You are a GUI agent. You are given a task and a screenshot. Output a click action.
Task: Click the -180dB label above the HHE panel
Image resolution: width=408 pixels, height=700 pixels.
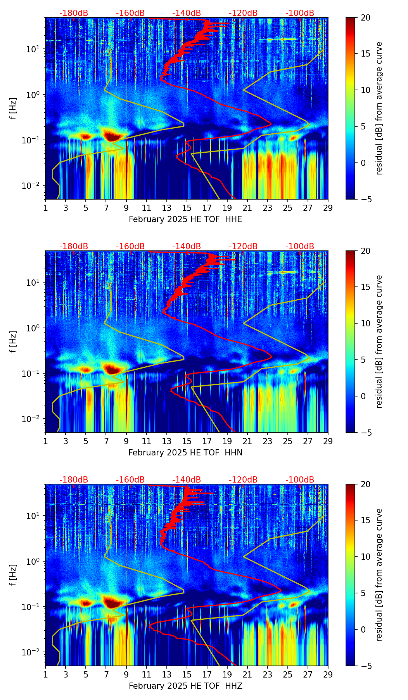[x=74, y=13]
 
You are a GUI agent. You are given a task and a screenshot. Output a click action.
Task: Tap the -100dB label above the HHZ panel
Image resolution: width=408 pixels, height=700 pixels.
[x=300, y=480]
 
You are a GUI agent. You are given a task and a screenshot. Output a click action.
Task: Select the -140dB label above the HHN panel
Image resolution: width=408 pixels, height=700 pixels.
[x=187, y=247]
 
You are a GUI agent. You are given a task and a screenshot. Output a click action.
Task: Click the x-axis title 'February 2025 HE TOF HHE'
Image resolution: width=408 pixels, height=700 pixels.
[x=185, y=219]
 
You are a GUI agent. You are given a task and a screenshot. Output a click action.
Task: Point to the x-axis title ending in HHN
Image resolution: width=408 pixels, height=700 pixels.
[x=185, y=453]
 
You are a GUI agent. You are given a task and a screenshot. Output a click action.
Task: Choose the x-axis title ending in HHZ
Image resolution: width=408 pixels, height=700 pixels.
[x=185, y=686]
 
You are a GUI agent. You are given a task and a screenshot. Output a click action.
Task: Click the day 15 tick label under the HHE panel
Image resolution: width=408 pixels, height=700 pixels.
[x=187, y=208]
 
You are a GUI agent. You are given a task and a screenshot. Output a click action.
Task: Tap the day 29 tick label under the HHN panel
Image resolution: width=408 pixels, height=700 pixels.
[x=328, y=441]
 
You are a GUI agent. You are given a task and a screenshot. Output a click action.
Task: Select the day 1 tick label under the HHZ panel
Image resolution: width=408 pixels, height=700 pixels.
[x=45, y=675]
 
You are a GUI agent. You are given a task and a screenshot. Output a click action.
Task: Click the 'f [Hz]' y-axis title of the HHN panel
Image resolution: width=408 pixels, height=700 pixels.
[x=13, y=341]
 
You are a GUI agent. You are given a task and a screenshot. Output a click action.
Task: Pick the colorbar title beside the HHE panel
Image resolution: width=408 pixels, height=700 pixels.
[x=379, y=108]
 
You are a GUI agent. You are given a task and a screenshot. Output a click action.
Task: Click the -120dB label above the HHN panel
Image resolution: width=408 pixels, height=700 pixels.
[x=243, y=247]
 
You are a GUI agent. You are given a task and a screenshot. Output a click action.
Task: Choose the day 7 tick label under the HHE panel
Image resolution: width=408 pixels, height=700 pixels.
[x=106, y=208]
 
